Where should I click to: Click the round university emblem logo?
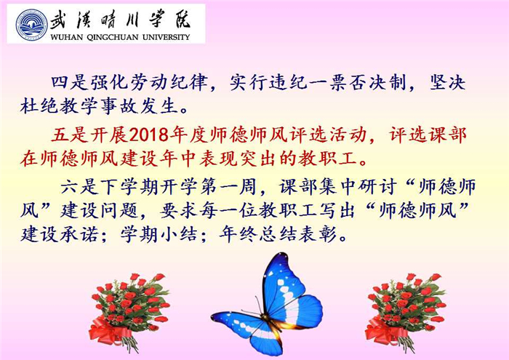[x=32, y=24]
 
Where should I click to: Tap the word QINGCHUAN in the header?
[x=113, y=37]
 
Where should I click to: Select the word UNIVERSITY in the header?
[x=166, y=37]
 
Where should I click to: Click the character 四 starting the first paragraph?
[x=60, y=83]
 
